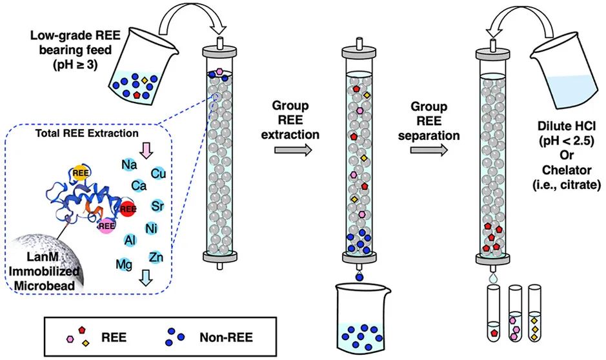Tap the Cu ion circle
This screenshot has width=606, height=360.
(158, 173)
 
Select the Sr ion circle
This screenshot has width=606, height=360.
(158, 206)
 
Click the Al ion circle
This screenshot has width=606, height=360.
(129, 239)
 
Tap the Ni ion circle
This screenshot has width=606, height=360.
(152, 227)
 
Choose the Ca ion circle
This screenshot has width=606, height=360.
(137, 186)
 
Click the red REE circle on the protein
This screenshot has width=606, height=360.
(128, 208)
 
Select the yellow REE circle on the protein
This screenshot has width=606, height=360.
(80, 172)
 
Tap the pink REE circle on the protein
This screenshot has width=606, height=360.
(106, 225)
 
